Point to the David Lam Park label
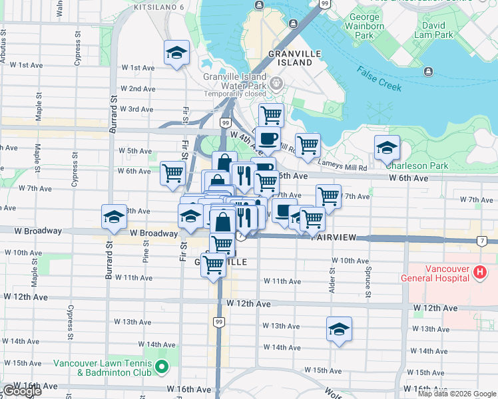(x=433, y=30)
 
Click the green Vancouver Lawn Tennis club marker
(x=160, y=367)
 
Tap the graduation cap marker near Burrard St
(x=114, y=216)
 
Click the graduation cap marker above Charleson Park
(x=386, y=148)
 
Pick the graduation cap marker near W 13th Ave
(x=339, y=329)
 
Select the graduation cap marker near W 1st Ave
(x=176, y=52)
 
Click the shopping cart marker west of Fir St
(x=173, y=173)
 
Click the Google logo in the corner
(x=21, y=391)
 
